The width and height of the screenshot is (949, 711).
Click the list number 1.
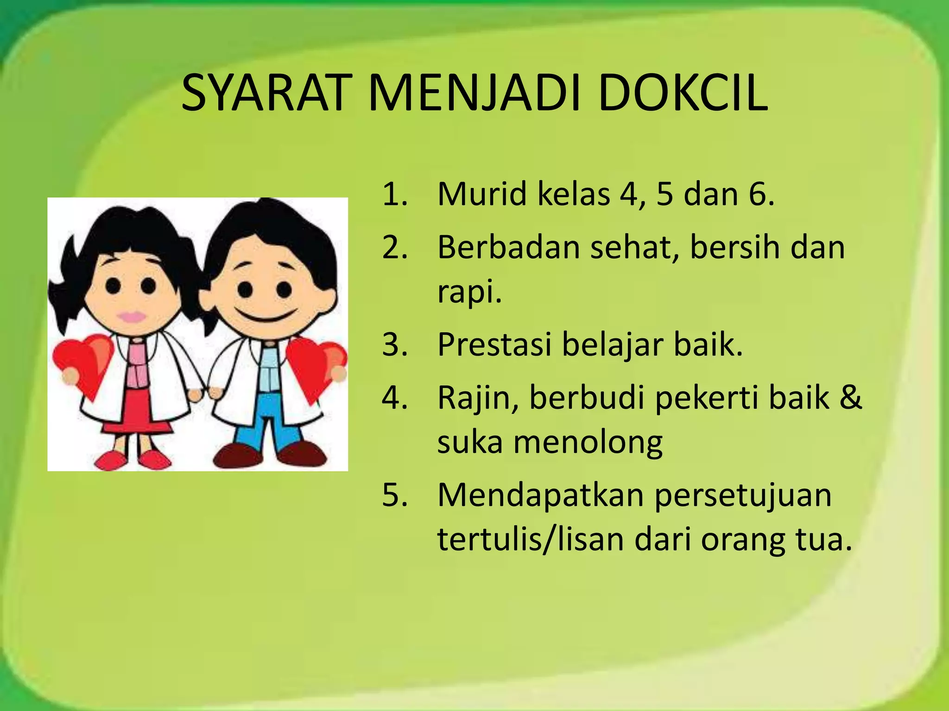[x=394, y=194]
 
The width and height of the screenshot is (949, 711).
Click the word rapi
[x=468, y=292]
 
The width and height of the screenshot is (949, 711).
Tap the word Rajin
[x=477, y=398]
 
